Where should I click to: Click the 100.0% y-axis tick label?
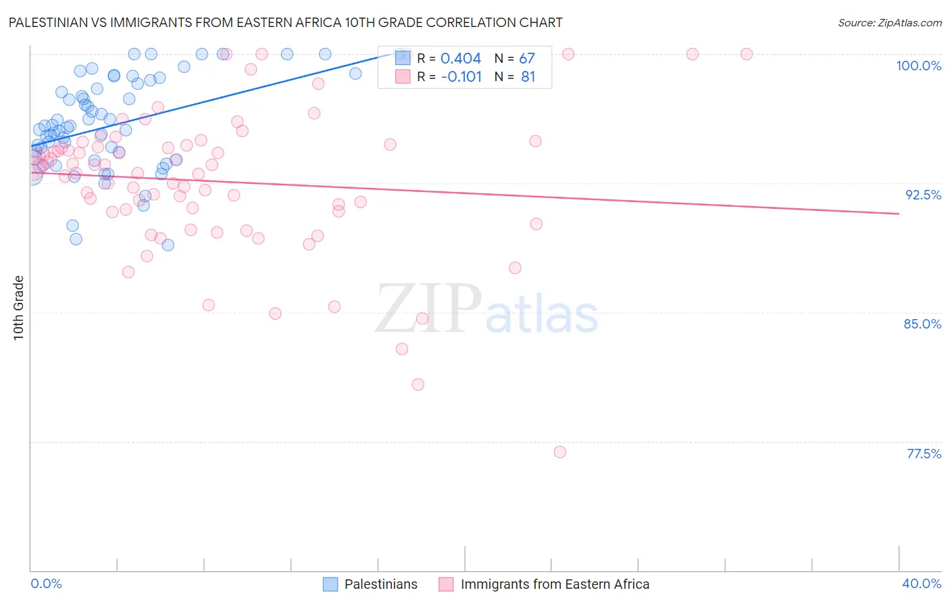tap(918, 66)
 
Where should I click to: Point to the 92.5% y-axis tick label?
tap(923, 195)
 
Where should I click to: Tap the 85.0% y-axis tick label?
tap(922, 324)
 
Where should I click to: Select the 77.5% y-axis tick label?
tap(924, 454)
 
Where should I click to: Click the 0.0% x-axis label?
tap(46, 583)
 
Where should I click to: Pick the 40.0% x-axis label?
tap(921, 583)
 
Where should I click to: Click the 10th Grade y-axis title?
tap(18, 308)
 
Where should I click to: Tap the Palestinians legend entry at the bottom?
tap(380, 584)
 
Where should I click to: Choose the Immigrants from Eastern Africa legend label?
tap(554, 584)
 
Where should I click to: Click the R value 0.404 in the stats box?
tap(461, 59)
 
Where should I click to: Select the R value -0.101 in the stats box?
tap(461, 77)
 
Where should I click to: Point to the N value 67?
tap(526, 59)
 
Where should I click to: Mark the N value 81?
tap(528, 77)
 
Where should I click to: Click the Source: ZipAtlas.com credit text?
tap(889, 23)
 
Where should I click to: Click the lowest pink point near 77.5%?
tap(559, 452)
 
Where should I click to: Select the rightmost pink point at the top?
tap(747, 54)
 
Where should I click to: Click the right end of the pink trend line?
tap(899, 214)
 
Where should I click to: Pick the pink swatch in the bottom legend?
tap(446, 584)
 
